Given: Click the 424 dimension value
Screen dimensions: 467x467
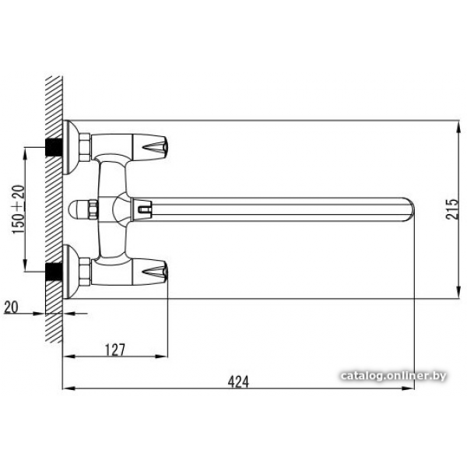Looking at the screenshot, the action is point(238,381).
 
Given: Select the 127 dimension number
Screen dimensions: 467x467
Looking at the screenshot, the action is point(115,349).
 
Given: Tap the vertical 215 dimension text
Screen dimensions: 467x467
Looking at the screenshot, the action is point(452,209).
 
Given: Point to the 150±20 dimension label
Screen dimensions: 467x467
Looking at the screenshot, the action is point(18,209).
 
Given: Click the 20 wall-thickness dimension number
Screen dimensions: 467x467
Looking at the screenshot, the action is point(11,307).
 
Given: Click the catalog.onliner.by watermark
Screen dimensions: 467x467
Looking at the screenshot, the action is point(393,376).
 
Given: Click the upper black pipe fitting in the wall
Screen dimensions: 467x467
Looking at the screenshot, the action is point(54,147).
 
